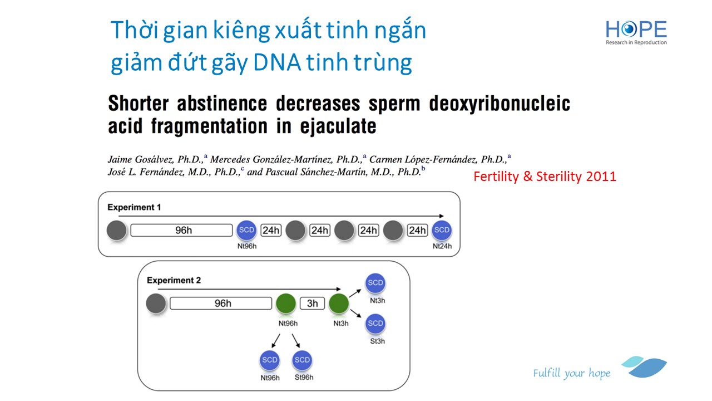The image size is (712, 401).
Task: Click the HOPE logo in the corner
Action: coord(636,32)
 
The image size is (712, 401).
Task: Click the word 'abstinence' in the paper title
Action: coord(222,104)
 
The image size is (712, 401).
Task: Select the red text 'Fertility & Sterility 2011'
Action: coord(545,177)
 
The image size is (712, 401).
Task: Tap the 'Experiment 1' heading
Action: coord(134,207)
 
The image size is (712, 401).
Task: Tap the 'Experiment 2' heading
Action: coord(174,280)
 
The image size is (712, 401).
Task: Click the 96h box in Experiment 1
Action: coord(181,230)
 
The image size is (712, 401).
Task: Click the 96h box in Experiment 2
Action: coord(221,304)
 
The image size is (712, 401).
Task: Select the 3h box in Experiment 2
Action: coord(313,304)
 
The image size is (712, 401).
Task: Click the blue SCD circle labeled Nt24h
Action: coord(442,230)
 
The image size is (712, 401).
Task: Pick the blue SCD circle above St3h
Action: coord(375,324)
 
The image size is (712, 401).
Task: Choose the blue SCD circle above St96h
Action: coord(302,360)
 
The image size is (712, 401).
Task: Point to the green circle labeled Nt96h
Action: coord(286,304)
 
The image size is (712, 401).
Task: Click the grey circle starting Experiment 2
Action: coord(156,304)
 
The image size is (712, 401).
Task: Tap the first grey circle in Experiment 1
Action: coord(117,230)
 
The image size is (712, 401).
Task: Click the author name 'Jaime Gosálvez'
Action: coord(141,159)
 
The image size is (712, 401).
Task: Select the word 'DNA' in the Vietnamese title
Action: coord(277,62)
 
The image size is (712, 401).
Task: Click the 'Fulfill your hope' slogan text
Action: coord(572,373)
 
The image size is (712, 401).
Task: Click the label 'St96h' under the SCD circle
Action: coord(304,378)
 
